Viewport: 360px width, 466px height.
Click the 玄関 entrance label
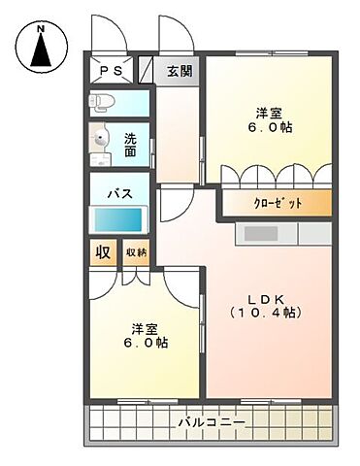click(179, 71)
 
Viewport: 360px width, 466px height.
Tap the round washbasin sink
click(100, 140)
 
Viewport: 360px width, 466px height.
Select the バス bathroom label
click(119, 192)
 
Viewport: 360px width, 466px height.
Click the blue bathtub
click(118, 219)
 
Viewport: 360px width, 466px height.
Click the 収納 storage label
click(136, 252)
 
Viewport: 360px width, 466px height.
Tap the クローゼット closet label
click(278, 203)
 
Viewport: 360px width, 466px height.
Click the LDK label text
click(265, 296)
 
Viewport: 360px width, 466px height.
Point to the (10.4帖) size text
click(265, 314)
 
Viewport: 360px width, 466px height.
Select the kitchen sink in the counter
click(260, 233)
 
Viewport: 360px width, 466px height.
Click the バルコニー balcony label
click(212, 423)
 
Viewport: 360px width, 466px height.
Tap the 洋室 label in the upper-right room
click(269, 112)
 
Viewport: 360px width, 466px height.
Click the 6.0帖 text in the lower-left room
click(146, 343)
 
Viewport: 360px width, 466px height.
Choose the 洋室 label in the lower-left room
click(146, 326)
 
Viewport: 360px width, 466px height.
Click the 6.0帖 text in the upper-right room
click(269, 128)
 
